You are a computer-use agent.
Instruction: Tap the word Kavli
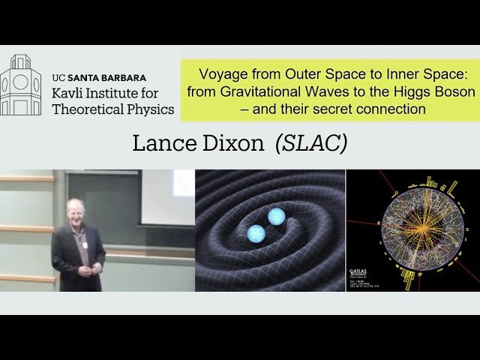70,93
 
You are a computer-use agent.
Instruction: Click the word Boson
452,92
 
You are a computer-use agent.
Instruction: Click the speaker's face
75,209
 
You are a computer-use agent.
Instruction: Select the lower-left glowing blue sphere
256,233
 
